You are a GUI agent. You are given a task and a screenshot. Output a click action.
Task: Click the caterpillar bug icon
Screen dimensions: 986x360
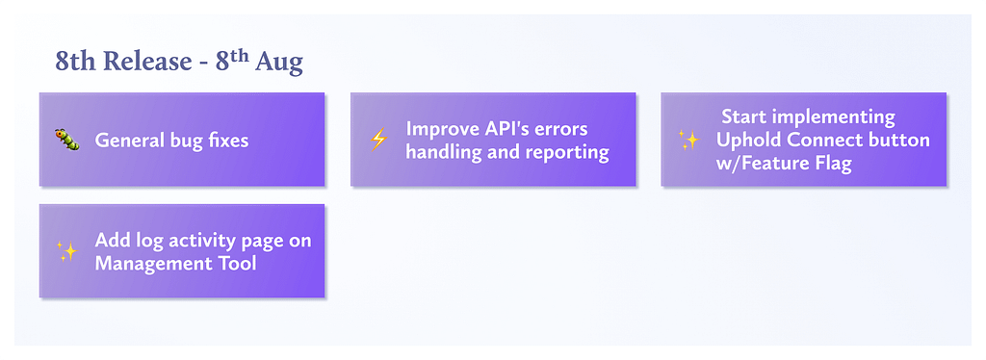(x=66, y=140)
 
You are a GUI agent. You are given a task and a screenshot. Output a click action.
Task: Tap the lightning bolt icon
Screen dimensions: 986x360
(x=377, y=140)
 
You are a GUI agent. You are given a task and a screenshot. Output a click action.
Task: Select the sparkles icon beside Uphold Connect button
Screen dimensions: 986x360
(x=688, y=140)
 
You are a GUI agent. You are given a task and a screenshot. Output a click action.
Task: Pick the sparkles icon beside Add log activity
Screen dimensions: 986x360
(x=66, y=250)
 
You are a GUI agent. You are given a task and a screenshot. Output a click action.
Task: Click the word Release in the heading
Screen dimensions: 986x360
(x=147, y=62)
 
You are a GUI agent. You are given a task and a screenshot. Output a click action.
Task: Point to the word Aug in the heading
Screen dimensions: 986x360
(x=278, y=63)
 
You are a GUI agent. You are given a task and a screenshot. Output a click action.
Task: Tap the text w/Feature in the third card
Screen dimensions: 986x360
(x=763, y=164)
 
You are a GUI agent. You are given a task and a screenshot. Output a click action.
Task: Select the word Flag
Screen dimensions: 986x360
(x=833, y=164)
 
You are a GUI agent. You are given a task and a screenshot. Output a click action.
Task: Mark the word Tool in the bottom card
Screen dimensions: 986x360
(x=237, y=263)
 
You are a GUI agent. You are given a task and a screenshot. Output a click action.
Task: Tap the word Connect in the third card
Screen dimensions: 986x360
(x=821, y=141)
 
